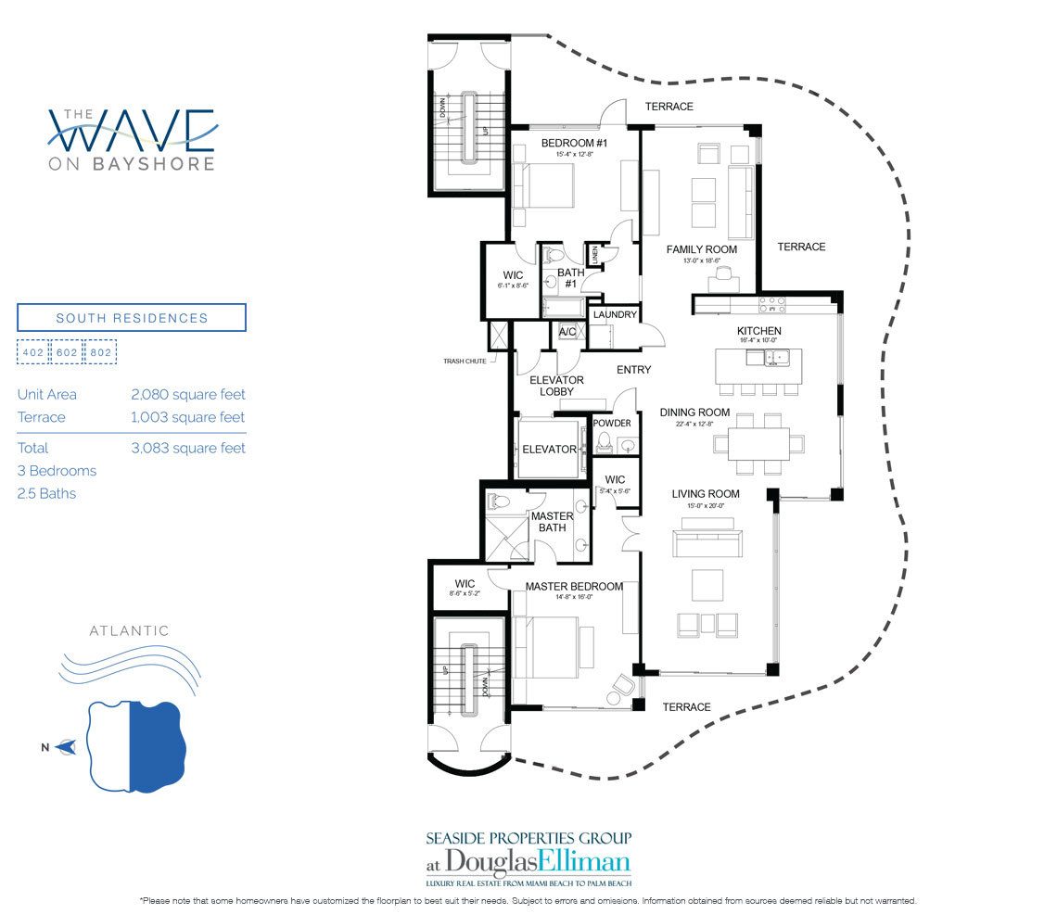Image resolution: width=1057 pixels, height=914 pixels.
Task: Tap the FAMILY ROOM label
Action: (x=702, y=249)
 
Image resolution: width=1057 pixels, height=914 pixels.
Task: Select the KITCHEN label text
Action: (x=758, y=331)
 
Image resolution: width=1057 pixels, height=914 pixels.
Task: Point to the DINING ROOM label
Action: (x=694, y=413)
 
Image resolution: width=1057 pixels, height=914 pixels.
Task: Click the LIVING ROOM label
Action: (x=706, y=494)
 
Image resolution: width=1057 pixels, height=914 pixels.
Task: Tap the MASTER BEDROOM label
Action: (x=574, y=587)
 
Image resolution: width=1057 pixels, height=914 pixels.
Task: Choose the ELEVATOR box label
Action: (x=550, y=450)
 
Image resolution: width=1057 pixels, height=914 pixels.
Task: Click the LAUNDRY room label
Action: (x=615, y=315)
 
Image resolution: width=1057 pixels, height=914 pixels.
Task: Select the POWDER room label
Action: (x=612, y=424)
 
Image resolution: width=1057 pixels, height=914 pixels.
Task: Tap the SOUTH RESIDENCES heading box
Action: (x=132, y=318)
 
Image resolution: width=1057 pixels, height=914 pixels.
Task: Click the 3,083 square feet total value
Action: (x=188, y=448)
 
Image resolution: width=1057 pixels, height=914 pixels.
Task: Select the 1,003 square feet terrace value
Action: (x=188, y=417)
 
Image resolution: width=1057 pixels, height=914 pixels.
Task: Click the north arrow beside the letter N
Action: (x=65, y=746)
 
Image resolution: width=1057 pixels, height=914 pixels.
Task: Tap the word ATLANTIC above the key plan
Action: (x=129, y=631)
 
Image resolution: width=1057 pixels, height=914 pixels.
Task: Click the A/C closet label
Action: (x=567, y=331)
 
